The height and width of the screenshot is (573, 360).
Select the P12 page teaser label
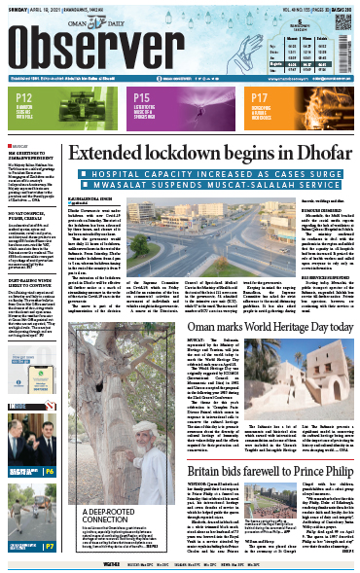pyautogui.click(x=21, y=98)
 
